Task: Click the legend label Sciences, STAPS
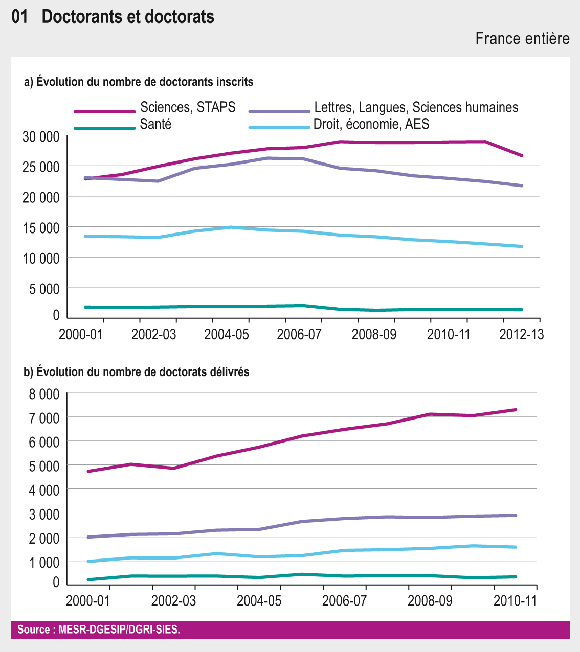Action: point(188,107)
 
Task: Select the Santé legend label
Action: point(155,124)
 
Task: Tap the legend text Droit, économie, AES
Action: point(371,124)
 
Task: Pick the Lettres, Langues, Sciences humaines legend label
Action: point(416,107)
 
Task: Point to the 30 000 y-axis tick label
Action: point(41,136)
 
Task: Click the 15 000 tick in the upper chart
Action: point(41,227)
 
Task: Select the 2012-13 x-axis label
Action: point(521,334)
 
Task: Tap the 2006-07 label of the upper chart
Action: point(299,334)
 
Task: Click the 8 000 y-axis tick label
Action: point(44,394)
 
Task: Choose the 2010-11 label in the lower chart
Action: point(515,600)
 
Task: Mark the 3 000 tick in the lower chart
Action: point(44,514)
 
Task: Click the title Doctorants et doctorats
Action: point(128,17)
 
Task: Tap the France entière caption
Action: point(522,38)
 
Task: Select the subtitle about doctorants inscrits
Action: point(139,82)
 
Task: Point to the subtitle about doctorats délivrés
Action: point(137,372)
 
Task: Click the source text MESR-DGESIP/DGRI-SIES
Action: point(99,630)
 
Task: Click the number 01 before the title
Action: point(19,17)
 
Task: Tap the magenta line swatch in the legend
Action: point(104,111)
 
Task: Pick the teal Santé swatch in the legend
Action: point(104,128)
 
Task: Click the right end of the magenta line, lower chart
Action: point(515,410)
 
